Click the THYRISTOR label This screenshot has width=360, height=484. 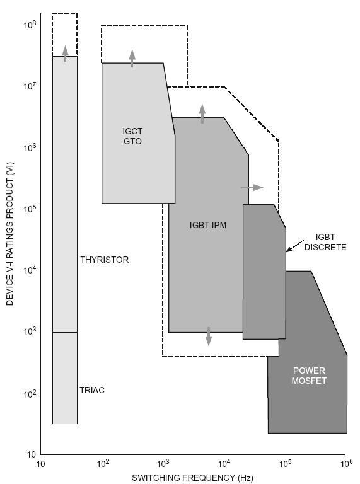(x=104, y=260)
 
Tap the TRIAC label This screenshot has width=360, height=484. (x=92, y=390)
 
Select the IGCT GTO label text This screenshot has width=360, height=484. (x=132, y=136)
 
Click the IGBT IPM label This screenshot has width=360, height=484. (x=208, y=224)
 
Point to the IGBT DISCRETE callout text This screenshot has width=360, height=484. (x=325, y=243)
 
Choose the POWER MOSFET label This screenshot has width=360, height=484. (x=309, y=376)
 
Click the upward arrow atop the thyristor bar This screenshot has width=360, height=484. (x=65, y=53)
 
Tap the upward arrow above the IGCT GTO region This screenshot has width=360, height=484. (x=132, y=58)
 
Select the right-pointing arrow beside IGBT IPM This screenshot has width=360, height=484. (x=252, y=187)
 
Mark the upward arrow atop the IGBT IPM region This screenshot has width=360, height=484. (x=202, y=113)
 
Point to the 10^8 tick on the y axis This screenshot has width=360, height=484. (x=30, y=26)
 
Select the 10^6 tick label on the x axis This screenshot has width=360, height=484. (x=345, y=464)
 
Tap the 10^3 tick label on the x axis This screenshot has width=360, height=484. (x=162, y=464)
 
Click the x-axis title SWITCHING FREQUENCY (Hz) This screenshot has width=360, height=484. (x=193, y=478)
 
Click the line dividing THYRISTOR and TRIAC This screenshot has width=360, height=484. (x=65, y=332)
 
